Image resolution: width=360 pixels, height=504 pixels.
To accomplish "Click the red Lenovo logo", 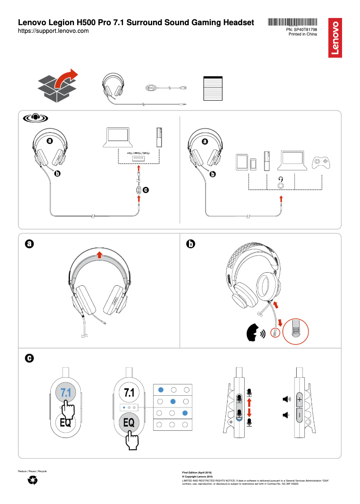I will click(336, 38).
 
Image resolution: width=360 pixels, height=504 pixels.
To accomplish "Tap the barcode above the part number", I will click(293, 22).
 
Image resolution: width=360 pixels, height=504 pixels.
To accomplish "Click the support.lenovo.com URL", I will click(53, 31).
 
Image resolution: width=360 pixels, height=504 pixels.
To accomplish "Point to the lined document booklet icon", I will click(213, 88).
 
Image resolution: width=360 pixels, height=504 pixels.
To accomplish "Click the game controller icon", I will click(322, 162).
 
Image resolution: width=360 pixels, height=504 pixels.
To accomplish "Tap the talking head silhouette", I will click(254, 332).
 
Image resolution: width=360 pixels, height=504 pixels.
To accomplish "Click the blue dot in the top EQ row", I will click(161, 389).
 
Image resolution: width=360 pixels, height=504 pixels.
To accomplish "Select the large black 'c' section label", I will click(29, 358).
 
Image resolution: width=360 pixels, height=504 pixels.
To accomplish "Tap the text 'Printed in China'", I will click(303, 34).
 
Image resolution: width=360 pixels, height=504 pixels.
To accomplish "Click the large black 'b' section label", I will click(190, 244).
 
